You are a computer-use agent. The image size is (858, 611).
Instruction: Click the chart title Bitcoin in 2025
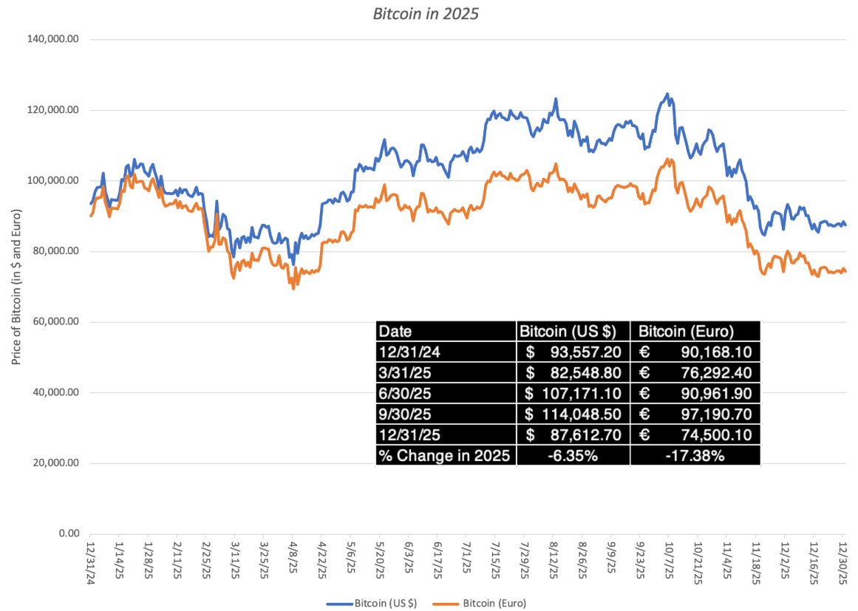coord(428,13)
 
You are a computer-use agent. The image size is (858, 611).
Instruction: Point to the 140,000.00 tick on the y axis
coord(54,39)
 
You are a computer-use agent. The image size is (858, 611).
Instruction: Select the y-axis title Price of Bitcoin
coord(17,287)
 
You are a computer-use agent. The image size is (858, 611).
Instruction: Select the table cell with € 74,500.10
coord(695,435)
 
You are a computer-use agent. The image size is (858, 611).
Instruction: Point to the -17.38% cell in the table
coord(695,456)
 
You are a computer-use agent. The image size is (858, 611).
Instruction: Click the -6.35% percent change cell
coord(573,456)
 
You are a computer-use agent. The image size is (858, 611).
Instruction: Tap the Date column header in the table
coord(395,331)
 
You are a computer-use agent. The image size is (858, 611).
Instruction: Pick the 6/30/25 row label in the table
coord(400,393)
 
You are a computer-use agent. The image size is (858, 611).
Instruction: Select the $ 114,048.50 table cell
coord(573,414)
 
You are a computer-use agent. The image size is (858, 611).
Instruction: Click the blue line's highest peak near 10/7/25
coord(667,94)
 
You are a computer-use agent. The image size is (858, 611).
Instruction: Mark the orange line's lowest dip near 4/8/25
coord(293,288)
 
